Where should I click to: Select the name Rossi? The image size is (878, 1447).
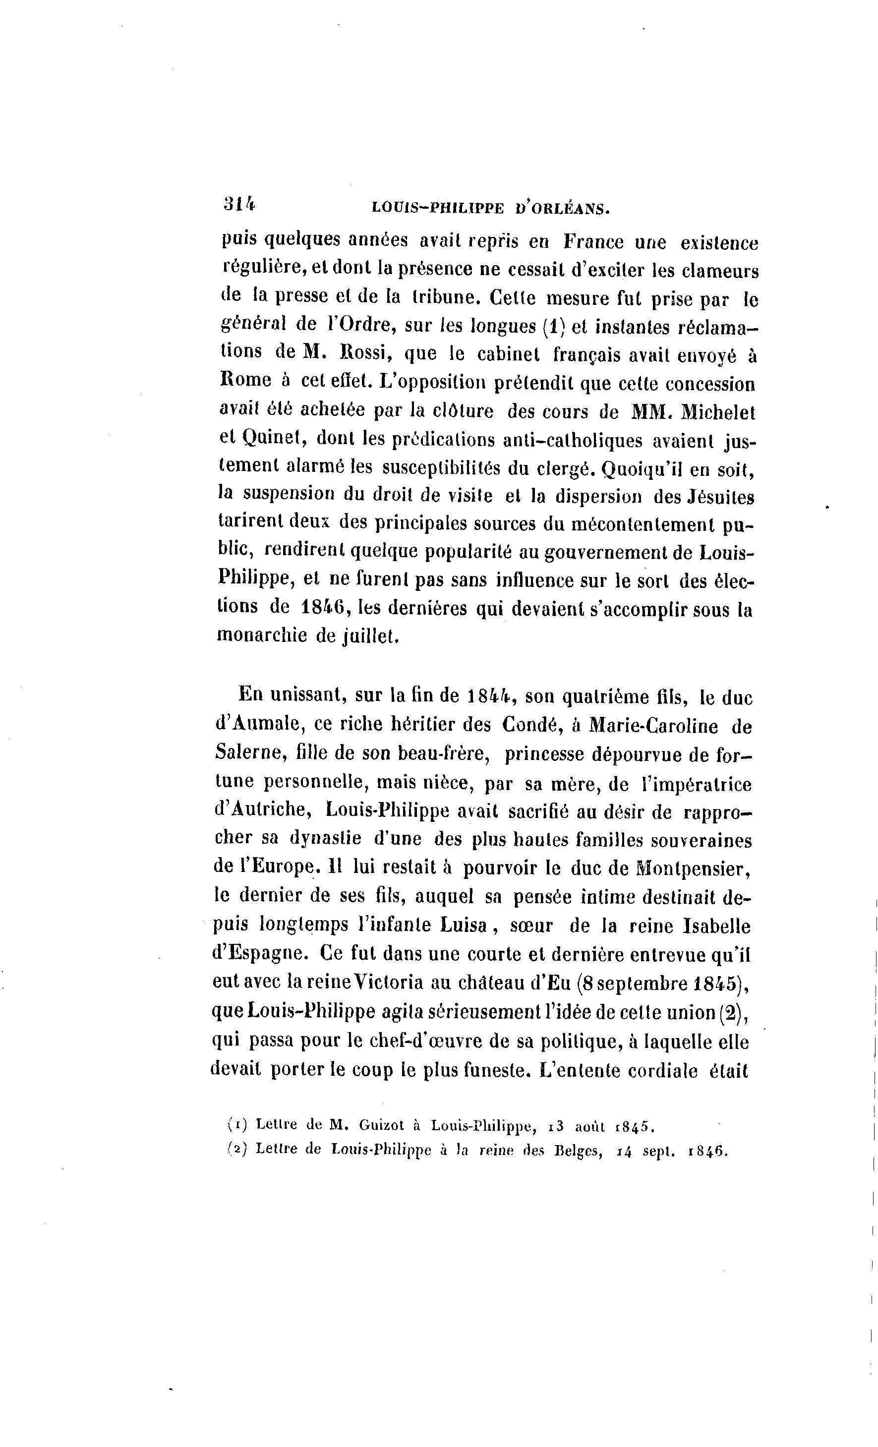point(362,354)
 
